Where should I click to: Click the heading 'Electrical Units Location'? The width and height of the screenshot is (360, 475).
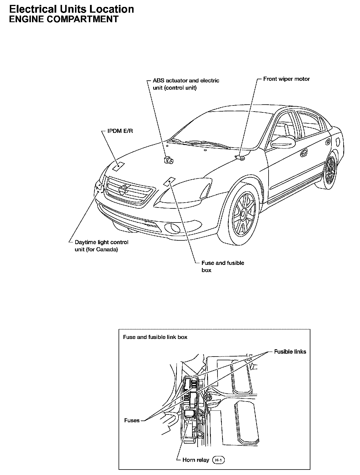(x=72, y=9)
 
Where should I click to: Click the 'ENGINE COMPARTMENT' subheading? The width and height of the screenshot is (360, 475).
(x=64, y=19)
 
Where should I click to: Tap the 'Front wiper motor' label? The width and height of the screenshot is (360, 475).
(x=286, y=79)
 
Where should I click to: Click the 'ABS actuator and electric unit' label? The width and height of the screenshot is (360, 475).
(x=186, y=84)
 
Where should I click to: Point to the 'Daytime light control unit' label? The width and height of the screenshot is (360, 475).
(x=101, y=246)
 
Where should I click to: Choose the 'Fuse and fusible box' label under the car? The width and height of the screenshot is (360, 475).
(x=222, y=266)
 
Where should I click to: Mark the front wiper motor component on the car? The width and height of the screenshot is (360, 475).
(x=240, y=157)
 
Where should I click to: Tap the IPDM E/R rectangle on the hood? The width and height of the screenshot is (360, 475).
(x=118, y=167)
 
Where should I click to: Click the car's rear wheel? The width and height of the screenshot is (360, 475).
(x=330, y=171)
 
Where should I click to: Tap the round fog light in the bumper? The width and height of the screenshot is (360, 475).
(x=172, y=228)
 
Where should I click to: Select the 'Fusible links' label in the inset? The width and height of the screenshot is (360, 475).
(x=290, y=352)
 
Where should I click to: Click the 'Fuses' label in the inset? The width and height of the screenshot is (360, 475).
(x=132, y=421)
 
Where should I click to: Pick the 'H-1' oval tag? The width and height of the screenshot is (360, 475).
(x=218, y=460)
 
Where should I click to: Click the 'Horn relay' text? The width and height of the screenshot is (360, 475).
(x=196, y=460)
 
